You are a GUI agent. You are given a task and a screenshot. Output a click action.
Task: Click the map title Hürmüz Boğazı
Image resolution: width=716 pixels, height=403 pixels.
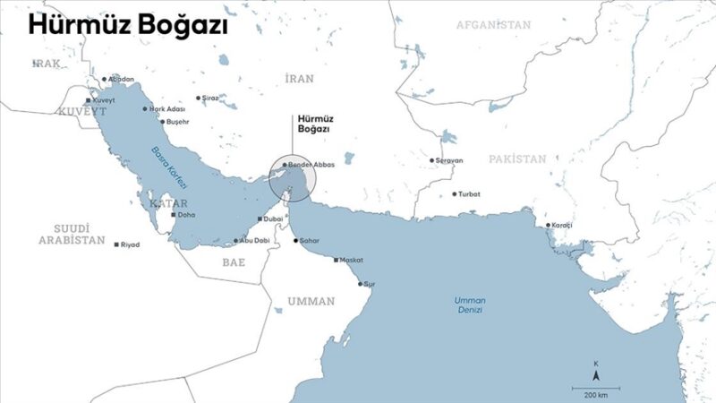pos(127,26)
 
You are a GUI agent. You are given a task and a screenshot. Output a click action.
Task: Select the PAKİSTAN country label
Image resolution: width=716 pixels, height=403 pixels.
pos(516,159)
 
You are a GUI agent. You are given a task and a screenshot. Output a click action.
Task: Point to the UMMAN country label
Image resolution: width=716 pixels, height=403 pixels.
pos(311,301)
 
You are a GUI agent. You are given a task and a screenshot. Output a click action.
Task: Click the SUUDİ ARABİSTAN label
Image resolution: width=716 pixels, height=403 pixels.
pos(72,236)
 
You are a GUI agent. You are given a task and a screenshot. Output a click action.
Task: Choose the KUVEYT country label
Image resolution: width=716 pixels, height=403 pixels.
pos(81,111)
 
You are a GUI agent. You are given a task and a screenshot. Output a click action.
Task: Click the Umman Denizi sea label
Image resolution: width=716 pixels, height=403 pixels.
pos(468,304)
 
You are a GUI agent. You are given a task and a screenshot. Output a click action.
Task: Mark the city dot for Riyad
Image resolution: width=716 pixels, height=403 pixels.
pos(117,244)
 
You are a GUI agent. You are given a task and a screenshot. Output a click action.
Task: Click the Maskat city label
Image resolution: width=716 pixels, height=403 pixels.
pos(351,260)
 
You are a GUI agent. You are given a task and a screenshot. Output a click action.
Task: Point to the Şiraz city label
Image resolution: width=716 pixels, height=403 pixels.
pos(209,97)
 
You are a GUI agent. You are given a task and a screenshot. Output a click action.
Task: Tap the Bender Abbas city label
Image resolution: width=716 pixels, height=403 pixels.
pos(311,166)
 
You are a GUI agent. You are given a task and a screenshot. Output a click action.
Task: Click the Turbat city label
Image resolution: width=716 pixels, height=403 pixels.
pos(469,193)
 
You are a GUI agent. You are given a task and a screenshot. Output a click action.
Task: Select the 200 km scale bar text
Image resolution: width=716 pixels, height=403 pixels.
pos(596,394)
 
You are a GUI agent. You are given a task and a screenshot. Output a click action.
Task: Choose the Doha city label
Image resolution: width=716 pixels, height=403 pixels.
pos(186,215)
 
